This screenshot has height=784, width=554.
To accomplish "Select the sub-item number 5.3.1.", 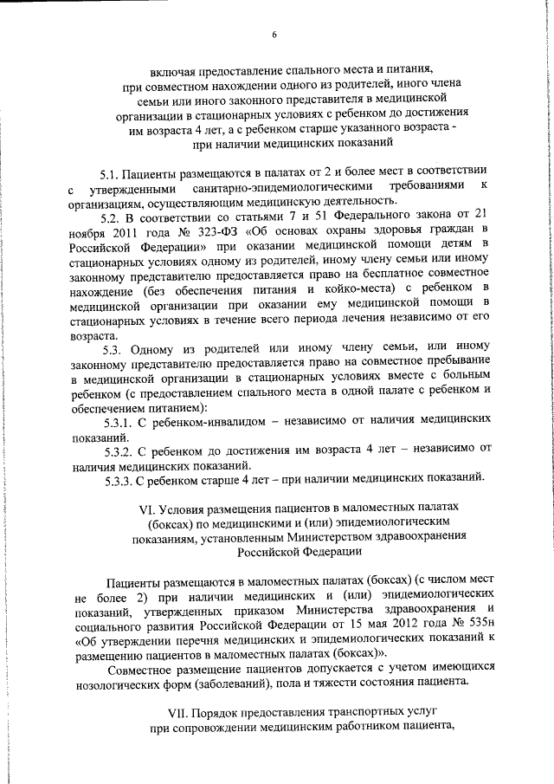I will click(x=117, y=422).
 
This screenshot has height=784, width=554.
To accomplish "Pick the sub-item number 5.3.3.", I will click(x=117, y=480).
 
